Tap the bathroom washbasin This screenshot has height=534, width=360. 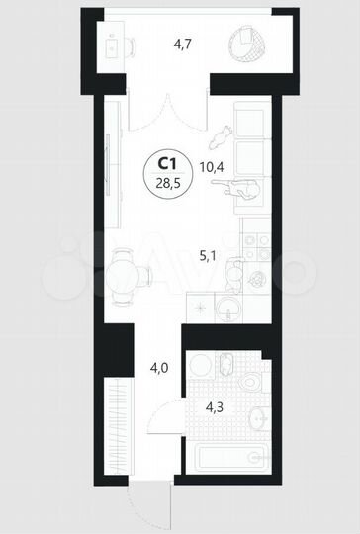(x=258, y=420)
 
